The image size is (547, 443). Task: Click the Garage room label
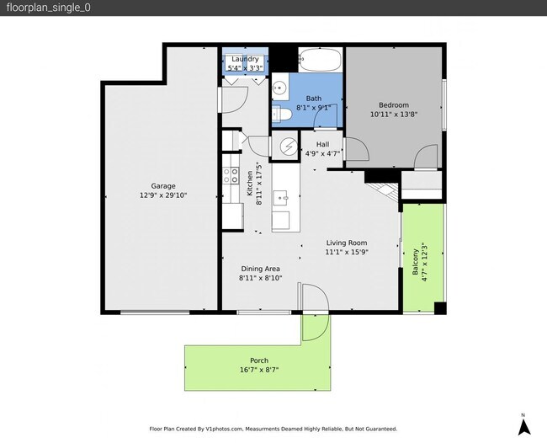pos(163,186)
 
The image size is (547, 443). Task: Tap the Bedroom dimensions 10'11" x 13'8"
pos(394,115)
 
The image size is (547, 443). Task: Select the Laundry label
pos(245,59)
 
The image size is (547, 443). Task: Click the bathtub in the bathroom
pos(320,60)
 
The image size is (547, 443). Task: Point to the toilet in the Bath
pos(282,114)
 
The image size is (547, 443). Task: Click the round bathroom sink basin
pos(279,88)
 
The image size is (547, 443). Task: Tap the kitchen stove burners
pos(231,175)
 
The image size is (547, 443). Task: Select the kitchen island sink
pos(280,198)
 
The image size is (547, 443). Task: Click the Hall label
pos(322,144)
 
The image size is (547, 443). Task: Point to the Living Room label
pos(347,243)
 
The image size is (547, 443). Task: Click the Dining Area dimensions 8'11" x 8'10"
pos(261,278)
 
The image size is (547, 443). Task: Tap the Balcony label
pos(415,262)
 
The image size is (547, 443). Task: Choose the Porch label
pos(259,360)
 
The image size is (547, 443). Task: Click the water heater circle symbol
pos(289,146)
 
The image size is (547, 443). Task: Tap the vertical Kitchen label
pos(250,184)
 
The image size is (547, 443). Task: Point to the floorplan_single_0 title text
pos(49,8)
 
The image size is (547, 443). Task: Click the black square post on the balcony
pos(440,308)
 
